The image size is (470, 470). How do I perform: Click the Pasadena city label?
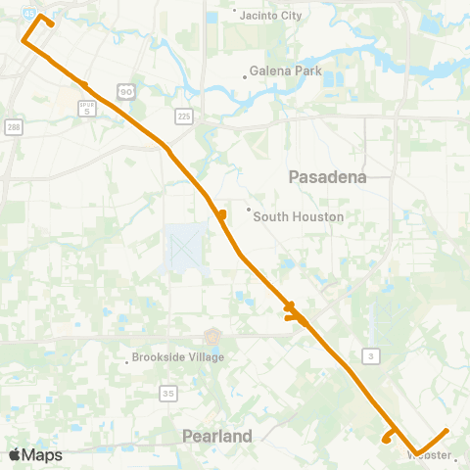tap(327, 176)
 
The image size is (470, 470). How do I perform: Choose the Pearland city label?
tap(217, 435)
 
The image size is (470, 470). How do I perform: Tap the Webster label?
tap(429, 455)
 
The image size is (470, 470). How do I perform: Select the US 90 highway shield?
tap(125, 91)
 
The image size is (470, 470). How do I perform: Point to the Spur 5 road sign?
tap(87, 108)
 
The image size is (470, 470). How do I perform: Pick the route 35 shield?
tap(168, 393)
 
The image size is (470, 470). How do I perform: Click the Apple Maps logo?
tap(35, 454)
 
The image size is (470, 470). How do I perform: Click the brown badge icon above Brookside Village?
tap(212, 336)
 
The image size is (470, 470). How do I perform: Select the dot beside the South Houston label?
tap(249, 209)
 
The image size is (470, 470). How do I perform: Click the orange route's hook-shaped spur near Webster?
tap(390, 436)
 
